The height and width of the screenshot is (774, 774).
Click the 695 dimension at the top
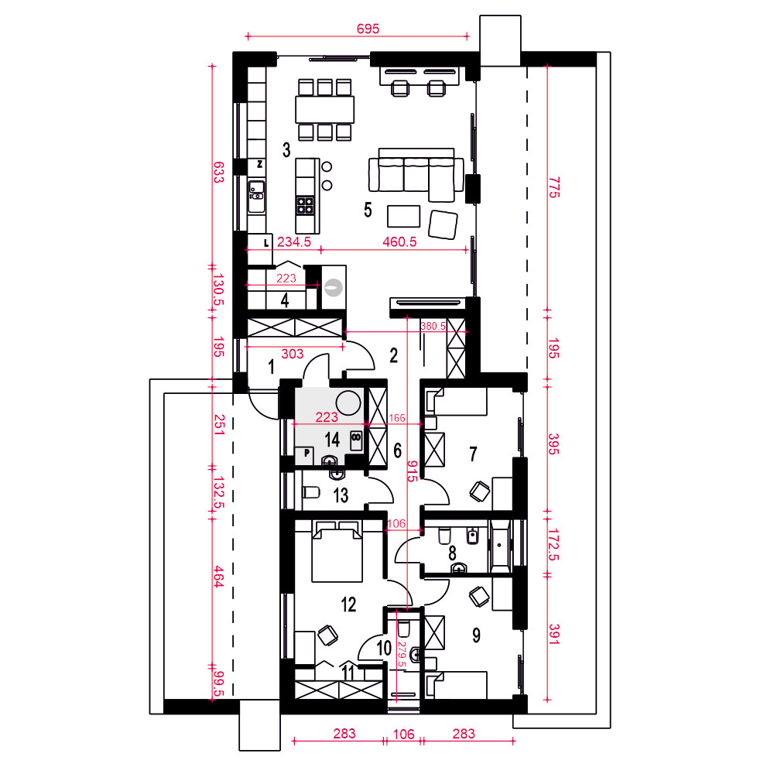tap(368, 29)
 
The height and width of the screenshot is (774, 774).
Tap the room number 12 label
tap(348, 604)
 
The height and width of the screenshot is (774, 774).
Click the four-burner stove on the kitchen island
tap(305, 205)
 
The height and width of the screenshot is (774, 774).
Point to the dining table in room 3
tap(325, 109)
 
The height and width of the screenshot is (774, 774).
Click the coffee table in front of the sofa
tap(404, 216)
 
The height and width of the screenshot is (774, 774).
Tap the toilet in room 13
tap(311, 492)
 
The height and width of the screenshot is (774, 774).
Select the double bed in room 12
tap(337, 551)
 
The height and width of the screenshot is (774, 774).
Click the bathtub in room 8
tap(499, 546)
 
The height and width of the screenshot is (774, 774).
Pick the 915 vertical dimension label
tap(413, 471)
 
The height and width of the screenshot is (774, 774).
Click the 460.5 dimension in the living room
tap(399, 241)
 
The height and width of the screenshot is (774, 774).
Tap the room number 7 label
tap(473, 454)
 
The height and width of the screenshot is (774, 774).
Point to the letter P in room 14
tap(307, 453)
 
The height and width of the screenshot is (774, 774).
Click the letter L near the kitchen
tap(266, 242)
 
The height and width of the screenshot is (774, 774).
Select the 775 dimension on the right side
tap(554, 187)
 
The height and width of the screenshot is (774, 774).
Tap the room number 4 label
tap(285, 300)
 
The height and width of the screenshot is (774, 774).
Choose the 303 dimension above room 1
tap(293, 354)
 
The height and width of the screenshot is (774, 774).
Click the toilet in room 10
tap(404, 628)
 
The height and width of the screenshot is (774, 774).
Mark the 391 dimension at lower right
tap(554, 635)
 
